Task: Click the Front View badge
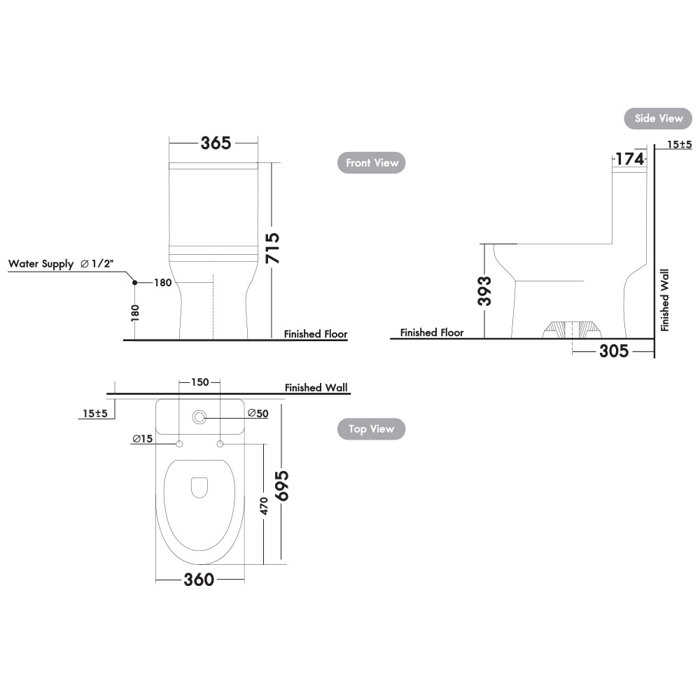(371, 163)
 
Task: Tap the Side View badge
(658, 118)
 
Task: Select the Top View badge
(371, 429)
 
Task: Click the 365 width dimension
(216, 143)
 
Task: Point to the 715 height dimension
(272, 248)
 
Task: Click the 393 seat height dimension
(484, 290)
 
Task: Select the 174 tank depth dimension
(629, 159)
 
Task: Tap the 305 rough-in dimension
(614, 351)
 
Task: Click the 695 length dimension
(281, 486)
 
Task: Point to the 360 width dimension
(199, 580)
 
